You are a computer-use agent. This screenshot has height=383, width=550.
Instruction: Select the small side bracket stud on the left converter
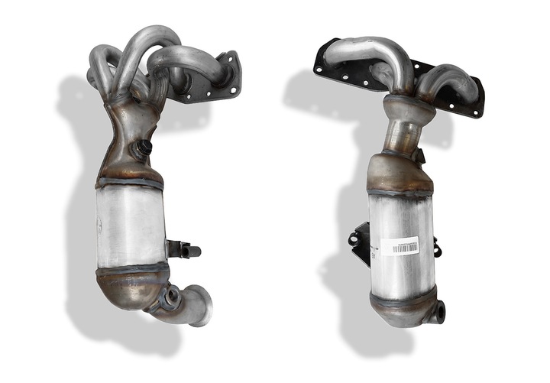click(x=183, y=249)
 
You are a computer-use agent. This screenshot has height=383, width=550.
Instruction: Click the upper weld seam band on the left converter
click(x=130, y=183)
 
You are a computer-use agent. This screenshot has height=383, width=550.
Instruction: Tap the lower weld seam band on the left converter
click(x=131, y=268)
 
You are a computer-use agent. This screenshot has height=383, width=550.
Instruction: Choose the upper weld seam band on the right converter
click(x=400, y=193)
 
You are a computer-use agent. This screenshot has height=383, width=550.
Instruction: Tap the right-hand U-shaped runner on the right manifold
click(x=447, y=80)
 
